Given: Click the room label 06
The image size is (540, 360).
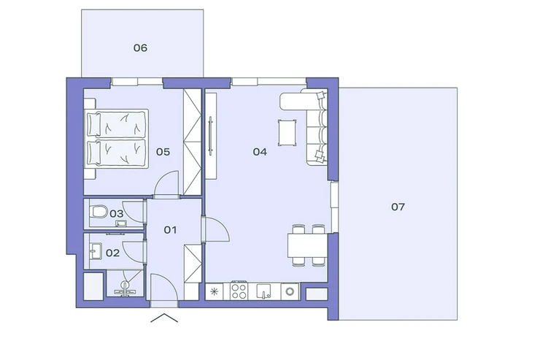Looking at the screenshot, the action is click(140, 47).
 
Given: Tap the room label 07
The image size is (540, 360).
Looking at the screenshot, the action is click(398, 207).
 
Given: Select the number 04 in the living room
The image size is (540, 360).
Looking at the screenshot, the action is click(260, 152).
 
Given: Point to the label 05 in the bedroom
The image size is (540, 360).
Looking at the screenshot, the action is click(163, 152).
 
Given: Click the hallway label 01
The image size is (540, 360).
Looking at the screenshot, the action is click(170, 230).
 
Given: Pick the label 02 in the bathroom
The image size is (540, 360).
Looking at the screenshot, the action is click(112, 253).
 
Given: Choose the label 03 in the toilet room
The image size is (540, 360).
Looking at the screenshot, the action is click(117, 213).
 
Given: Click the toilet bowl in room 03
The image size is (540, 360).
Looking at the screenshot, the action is click(99, 212).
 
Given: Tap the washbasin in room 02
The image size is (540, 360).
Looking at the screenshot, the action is click(96, 250).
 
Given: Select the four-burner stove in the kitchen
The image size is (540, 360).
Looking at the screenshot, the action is click(239, 291).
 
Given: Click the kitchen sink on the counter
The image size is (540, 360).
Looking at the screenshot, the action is click(264, 291).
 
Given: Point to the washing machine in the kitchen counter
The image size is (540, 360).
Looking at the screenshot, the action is click(290, 291).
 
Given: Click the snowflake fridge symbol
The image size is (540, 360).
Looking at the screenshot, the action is click(215, 292).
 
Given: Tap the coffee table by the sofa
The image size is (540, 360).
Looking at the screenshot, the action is click(288, 133).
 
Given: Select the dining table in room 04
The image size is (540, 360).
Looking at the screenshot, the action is click(307, 245).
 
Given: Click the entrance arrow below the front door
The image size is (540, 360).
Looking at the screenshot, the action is click(164, 318).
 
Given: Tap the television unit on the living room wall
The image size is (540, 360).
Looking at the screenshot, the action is click(211, 136).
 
